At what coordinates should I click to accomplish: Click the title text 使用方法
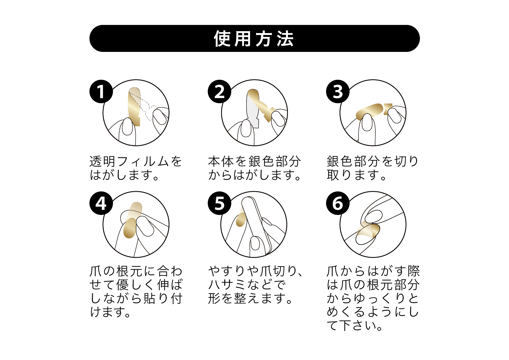pyautogui.click(x=254, y=38)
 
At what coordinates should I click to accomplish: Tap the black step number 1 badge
pyautogui.click(x=101, y=92)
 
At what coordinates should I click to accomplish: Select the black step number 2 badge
pyautogui.click(x=220, y=92)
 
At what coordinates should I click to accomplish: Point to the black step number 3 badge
pyautogui.click(x=338, y=92)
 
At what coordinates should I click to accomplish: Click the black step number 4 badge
pyautogui.click(x=101, y=203)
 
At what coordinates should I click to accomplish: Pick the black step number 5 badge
pyautogui.click(x=220, y=203)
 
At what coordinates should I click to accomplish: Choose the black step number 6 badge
pyautogui.click(x=338, y=203)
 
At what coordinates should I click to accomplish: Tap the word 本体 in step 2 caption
pyautogui.click(x=221, y=161)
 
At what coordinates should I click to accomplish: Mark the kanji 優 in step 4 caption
pyautogui.click(x=123, y=285)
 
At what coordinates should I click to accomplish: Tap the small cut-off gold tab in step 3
pyautogui.click(x=388, y=109)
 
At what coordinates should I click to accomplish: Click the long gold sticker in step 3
pyautogui.click(x=369, y=111)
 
